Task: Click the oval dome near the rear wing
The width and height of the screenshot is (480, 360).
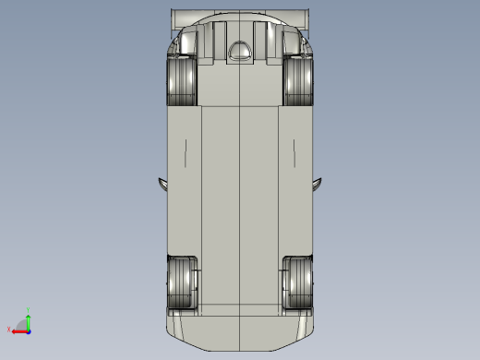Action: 240,52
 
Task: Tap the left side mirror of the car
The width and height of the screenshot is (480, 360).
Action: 162,183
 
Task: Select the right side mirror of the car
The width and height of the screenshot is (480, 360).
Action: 318,183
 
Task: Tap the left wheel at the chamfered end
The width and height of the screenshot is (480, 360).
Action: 182,282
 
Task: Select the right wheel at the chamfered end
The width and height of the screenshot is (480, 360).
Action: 298,282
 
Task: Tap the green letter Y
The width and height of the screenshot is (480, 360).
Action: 29,309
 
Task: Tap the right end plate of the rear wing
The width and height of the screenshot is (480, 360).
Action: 306,18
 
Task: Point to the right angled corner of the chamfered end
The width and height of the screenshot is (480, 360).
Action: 306,333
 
